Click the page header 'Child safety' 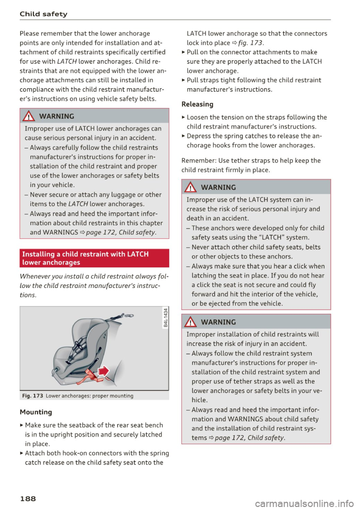[x=43, y=14]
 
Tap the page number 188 [x=28, y=498]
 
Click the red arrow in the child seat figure [x=103, y=371]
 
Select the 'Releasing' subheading [x=197, y=104]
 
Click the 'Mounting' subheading [x=36, y=412]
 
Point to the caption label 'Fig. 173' [x=33, y=396]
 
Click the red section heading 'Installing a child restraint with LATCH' [x=85, y=254]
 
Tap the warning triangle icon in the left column [x=30, y=116]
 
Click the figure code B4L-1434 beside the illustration [x=165, y=317]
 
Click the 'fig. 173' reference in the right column [x=250, y=43]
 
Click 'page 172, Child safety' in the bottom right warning [x=250, y=438]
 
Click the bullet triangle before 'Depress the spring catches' [x=183, y=136]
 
